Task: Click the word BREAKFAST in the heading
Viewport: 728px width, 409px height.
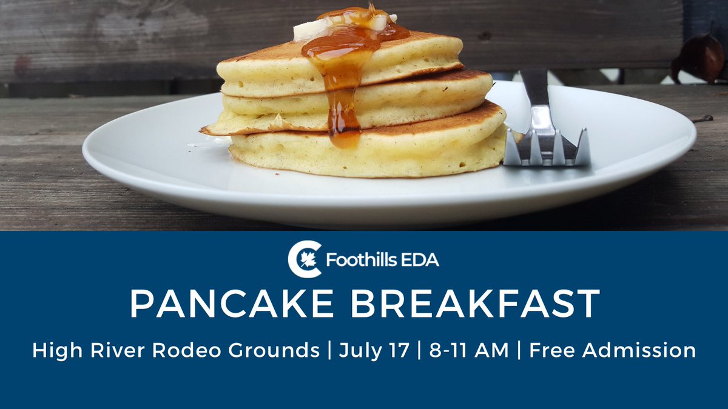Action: click(x=475, y=304)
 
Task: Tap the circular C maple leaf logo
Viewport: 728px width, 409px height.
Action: click(x=304, y=259)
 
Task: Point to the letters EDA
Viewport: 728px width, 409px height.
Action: click(x=421, y=261)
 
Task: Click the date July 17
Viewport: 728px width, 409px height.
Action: click(x=374, y=351)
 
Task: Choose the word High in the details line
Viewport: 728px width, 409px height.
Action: click(x=52, y=351)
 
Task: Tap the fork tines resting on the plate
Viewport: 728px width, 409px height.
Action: click(x=547, y=148)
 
